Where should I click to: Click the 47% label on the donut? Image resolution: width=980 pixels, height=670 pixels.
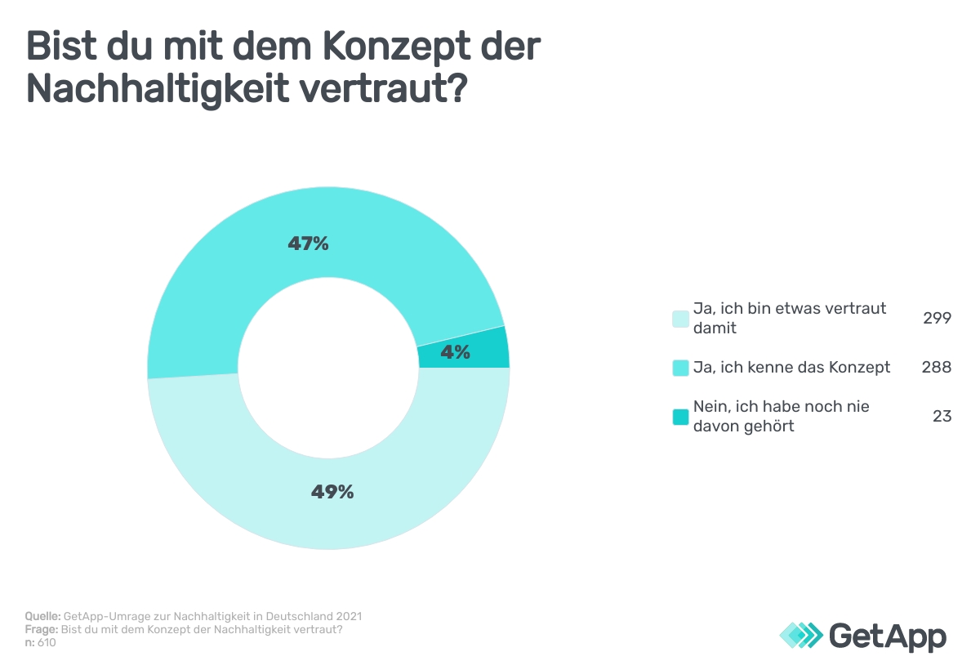[x=308, y=243]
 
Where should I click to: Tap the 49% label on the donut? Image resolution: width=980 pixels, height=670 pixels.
[x=332, y=492]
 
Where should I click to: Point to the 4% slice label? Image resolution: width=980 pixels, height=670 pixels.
[x=455, y=352]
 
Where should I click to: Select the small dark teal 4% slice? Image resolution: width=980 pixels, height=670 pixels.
[x=490, y=347]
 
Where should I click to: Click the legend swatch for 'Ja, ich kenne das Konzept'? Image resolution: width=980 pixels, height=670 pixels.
[x=680, y=368]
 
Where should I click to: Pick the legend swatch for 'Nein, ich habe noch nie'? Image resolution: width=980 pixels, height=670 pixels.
[x=680, y=417]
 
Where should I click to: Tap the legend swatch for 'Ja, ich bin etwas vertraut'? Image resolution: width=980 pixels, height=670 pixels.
[x=680, y=319]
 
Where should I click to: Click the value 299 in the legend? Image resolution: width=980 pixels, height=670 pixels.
[x=937, y=319]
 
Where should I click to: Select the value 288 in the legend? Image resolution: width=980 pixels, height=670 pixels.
[x=937, y=368]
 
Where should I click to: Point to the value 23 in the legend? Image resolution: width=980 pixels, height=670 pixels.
[x=942, y=416]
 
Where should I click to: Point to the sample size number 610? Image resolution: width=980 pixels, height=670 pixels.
[x=47, y=642]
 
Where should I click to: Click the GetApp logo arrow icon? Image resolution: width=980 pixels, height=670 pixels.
[x=800, y=635]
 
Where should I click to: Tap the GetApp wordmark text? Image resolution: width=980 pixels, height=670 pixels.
[x=887, y=636]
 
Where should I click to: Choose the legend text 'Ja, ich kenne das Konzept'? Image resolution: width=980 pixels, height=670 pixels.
[x=791, y=368]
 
